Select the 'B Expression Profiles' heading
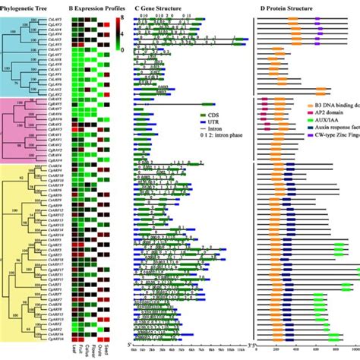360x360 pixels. click(96, 6)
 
